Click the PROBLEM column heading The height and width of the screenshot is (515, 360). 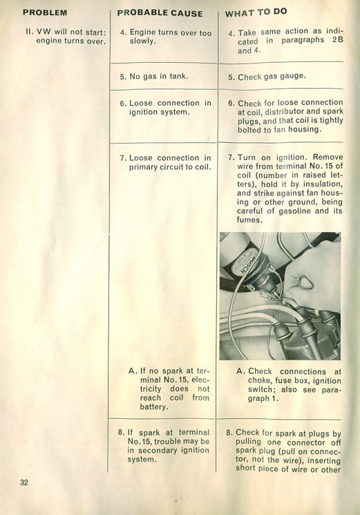[x=45, y=13]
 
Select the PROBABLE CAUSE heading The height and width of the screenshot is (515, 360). [x=160, y=13]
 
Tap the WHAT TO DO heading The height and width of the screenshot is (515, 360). [x=256, y=12]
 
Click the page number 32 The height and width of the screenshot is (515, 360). [x=24, y=482]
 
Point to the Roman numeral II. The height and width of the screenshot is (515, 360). [x=30, y=32]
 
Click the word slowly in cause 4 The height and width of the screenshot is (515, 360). [x=142, y=41]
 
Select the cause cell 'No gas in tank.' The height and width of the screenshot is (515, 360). [x=154, y=76]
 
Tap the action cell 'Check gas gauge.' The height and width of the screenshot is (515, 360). [x=267, y=77]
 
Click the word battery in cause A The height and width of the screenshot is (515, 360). [x=153, y=407]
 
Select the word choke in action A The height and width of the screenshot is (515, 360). [x=259, y=380]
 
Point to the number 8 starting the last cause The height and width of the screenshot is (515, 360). [x=121, y=433]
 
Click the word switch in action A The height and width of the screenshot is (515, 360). [x=259, y=390]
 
